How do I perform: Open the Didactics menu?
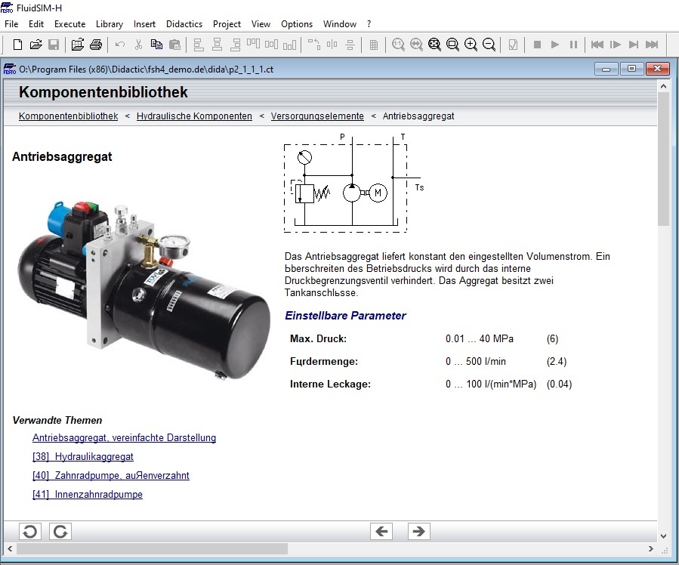184,24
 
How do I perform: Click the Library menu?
109,24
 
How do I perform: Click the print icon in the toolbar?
96,45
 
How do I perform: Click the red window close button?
657,69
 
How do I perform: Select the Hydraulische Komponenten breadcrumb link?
194,116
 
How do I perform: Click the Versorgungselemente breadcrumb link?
317,116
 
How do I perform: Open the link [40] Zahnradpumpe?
111,475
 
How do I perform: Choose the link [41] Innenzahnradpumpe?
88,495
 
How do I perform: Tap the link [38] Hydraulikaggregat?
83,457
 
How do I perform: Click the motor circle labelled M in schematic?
378,193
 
